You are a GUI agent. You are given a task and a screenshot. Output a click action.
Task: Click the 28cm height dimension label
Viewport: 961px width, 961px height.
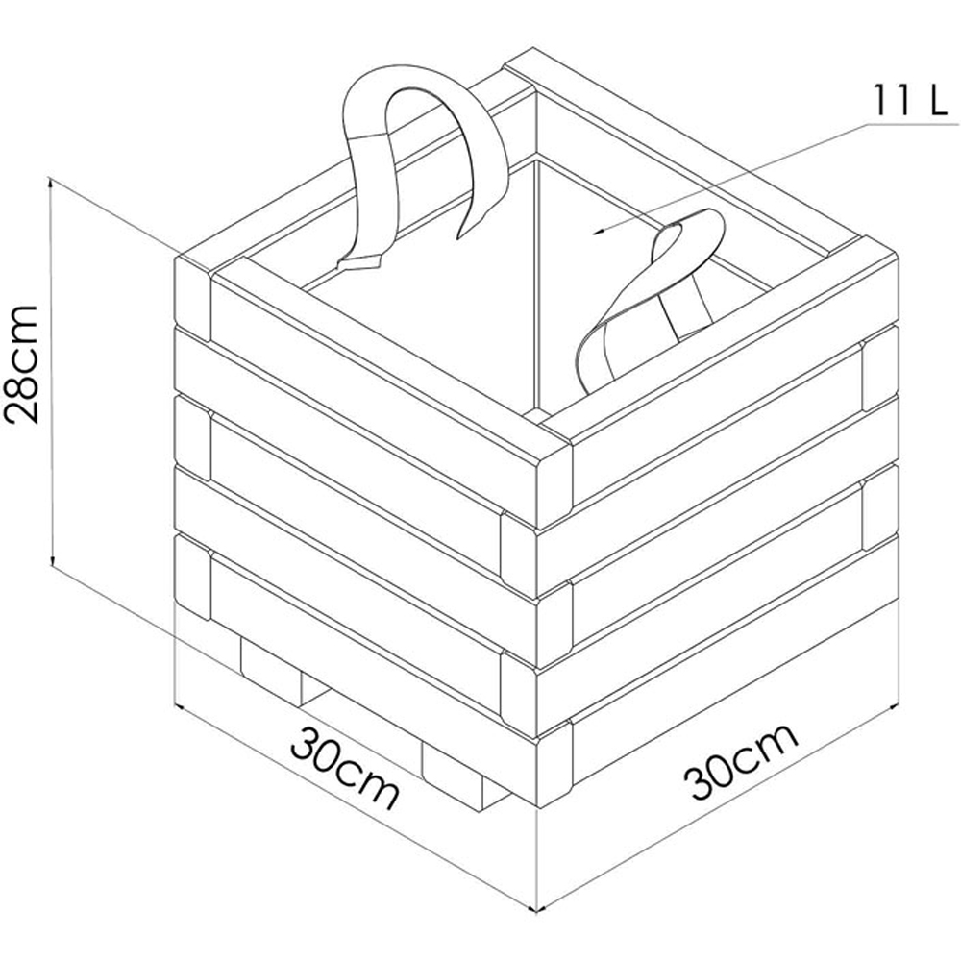click(x=22, y=363)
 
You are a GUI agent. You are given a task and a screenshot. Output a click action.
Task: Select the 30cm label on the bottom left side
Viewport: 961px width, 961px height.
click(x=345, y=767)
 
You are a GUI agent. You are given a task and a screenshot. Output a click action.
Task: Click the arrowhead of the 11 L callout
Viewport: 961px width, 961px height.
click(x=598, y=231)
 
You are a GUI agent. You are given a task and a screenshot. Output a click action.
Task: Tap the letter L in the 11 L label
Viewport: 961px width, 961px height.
click(x=938, y=99)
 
